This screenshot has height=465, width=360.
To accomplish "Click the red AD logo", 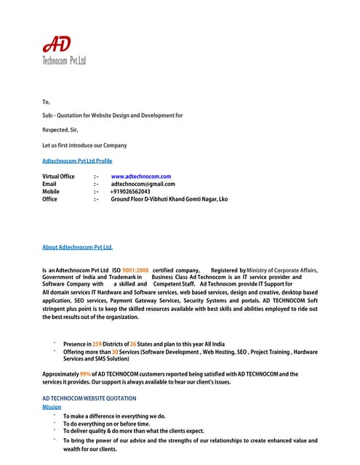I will click(57, 45).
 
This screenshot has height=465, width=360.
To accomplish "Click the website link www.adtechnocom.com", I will click(140, 177).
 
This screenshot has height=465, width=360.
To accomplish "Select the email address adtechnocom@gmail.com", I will click(143, 184).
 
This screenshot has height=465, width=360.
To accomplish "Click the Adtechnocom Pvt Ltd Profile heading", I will click(77, 161).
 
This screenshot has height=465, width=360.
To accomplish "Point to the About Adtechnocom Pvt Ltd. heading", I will click(78, 248).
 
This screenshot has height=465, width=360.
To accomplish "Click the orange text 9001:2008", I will click(135, 270).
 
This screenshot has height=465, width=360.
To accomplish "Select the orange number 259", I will click(97, 344).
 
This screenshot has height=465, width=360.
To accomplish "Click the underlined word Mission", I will click(52, 407).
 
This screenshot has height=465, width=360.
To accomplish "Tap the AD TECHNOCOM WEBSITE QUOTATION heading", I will click(89, 399).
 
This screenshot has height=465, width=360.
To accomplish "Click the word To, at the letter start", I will click(47, 102).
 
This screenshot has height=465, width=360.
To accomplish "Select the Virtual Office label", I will click(58, 177).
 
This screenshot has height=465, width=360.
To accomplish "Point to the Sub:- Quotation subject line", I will click(113, 116).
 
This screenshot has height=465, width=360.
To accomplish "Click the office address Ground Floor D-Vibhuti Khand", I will click(169, 198).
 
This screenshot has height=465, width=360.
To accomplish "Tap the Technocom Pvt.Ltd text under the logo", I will click(64, 61).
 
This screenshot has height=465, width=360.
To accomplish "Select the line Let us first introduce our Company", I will click(84, 145).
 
